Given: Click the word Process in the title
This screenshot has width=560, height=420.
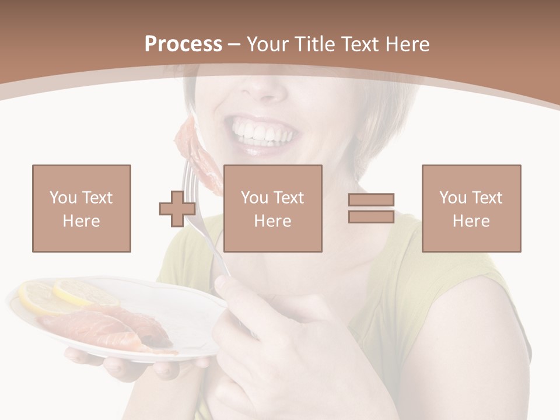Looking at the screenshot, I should (x=183, y=44).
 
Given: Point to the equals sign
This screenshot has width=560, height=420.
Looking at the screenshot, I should (x=371, y=208).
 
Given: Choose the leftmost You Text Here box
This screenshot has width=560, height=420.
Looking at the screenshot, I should (x=82, y=208).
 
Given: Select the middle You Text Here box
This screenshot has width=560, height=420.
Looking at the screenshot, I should (x=273, y=208).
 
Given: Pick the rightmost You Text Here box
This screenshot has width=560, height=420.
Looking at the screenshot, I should (x=471, y=208).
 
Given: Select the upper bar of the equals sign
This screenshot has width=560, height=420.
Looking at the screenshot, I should (x=371, y=200).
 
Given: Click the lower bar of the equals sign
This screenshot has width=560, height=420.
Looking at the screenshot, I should (x=371, y=216).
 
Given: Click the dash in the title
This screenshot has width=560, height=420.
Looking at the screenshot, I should (x=235, y=44).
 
